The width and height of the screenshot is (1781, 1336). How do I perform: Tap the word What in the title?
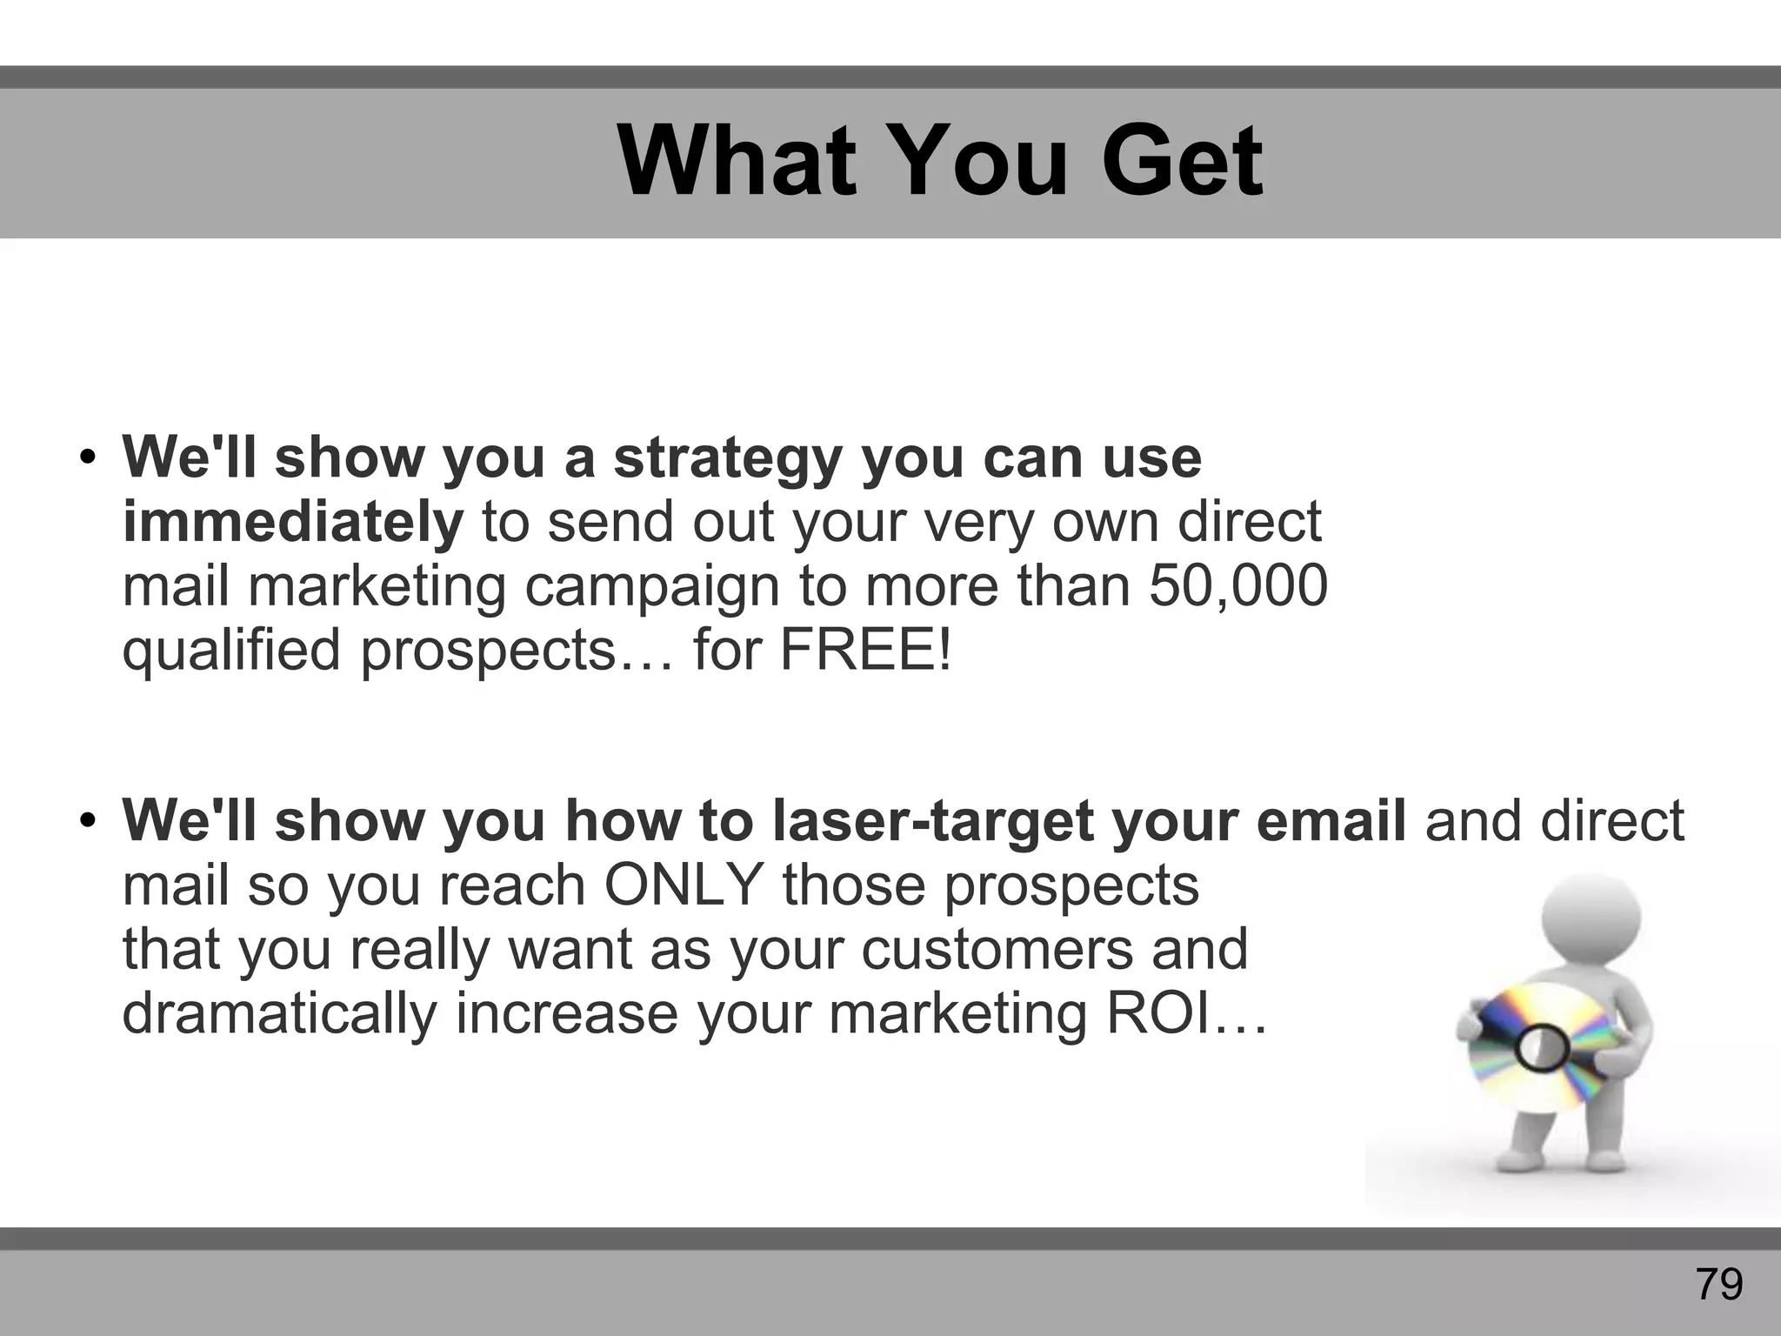click(735, 162)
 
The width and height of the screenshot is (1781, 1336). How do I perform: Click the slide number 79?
click(1719, 1284)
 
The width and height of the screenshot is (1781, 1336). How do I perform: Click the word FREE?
click(865, 649)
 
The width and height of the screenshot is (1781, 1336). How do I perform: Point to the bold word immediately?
click(293, 522)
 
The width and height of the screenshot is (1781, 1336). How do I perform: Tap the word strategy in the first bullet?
click(728, 458)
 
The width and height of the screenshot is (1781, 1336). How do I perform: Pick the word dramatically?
click(279, 1013)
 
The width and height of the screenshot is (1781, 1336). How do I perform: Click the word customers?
click(997, 949)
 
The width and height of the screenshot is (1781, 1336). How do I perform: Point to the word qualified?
click(230, 650)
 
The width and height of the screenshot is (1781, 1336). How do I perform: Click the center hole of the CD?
click(1541, 1050)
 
